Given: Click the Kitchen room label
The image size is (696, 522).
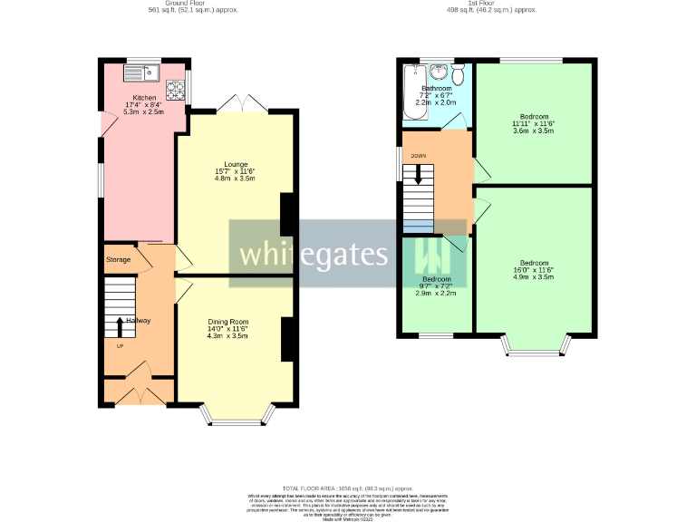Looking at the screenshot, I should (145, 97).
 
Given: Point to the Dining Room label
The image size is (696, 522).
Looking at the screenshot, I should (227, 322).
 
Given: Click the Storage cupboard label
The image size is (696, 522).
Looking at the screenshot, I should (119, 260).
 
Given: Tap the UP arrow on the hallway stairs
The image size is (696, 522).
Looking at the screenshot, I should (119, 326).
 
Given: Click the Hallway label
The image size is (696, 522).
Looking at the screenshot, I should (139, 321).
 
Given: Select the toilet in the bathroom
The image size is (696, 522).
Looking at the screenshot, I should (458, 72).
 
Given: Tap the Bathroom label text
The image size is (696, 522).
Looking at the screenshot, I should (436, 88).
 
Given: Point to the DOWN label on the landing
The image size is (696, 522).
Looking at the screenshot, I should (419, 156).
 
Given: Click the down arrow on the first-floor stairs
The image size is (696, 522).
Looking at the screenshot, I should (419, 176).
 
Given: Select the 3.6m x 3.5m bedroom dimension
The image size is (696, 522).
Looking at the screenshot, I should (533, 131).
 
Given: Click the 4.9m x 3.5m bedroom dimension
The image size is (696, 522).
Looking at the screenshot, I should (533, 270).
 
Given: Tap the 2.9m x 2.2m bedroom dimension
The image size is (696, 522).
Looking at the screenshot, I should (436, 293).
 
